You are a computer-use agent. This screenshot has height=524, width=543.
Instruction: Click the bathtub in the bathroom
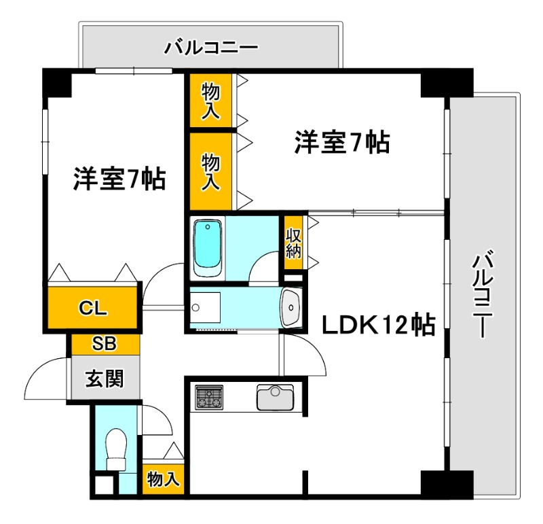[x=208, y=247]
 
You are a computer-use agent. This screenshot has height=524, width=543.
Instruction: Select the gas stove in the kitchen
[x=210, y=397]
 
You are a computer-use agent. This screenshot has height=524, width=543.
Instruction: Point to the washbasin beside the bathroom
[x=292, y=309]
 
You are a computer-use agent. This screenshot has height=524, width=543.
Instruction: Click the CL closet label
[x=93, y=308]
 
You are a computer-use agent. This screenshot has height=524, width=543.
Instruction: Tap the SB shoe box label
[x=104, y=344]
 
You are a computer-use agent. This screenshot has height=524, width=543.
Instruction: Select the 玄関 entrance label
[x=105, y=379]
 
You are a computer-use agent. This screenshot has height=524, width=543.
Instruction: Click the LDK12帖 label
[x=378, y=327]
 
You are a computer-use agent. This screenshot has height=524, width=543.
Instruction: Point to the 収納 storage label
[x=293, y=243]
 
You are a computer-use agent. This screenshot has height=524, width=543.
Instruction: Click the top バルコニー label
[x=210, y=48]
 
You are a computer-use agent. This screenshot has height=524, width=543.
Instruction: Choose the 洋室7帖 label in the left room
[x=119, y=179]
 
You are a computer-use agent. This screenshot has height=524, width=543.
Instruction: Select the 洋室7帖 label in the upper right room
[x=341, y=143]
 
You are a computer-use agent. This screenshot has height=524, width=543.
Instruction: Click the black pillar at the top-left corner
[x=57, y=82]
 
